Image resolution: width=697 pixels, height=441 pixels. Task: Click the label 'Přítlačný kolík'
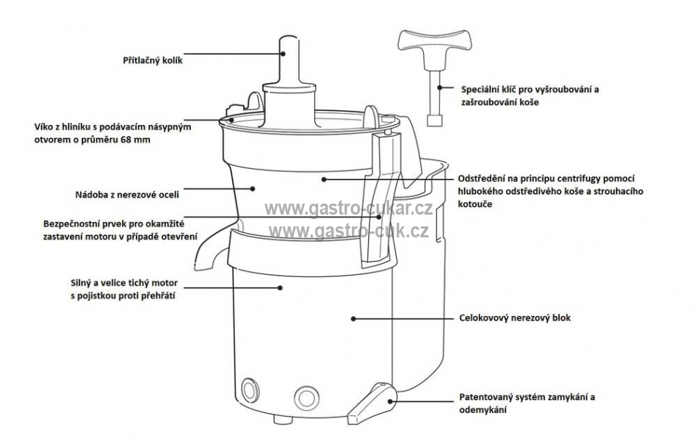[153, 60]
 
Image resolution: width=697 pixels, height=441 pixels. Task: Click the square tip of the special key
[434, 120]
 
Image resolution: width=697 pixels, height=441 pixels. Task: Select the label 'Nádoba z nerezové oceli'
[127, 195]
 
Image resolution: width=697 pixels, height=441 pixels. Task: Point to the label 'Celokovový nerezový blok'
[515, 318]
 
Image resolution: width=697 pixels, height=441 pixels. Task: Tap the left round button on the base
[249, 390]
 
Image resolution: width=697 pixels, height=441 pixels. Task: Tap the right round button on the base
[306, 396]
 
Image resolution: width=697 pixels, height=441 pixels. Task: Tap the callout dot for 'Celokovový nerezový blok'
[353, 319]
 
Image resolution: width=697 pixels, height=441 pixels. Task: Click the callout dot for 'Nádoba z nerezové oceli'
[253, 189]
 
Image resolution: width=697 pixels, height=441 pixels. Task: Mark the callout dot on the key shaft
[439, 87]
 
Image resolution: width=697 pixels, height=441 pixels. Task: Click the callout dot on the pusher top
[284, 54]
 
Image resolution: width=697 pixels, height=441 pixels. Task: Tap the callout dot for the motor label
[280, 288]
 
